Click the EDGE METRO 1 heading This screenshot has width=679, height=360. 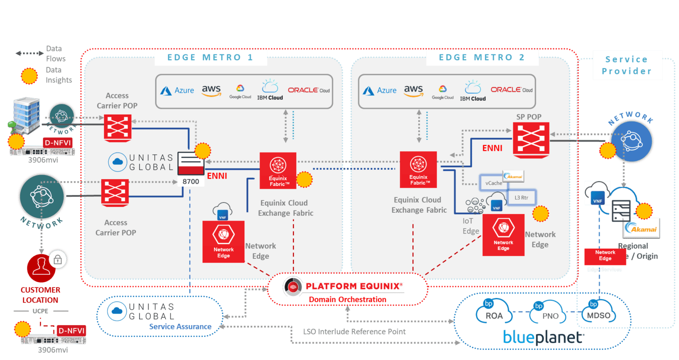[210, 57]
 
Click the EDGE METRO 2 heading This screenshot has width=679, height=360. [482, 57]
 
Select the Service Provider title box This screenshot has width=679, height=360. [626, 65]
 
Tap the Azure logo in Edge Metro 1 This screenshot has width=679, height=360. [177, 90]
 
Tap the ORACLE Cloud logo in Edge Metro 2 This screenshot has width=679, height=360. [511, 90]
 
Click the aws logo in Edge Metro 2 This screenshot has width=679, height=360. [413, 90]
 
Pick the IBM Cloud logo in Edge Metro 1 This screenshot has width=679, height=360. [270, 90]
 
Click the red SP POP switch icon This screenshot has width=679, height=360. [531, 140]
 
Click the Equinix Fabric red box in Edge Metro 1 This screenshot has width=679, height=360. [278, 171]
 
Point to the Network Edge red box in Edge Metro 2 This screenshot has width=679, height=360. [503, 235]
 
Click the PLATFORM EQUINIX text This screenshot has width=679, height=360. [354, 286]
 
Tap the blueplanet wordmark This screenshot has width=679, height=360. [543, 337]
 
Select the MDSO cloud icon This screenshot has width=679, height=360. [598, 312]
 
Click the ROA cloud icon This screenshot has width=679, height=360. [493, 312]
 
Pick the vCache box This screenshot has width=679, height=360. [493, 183]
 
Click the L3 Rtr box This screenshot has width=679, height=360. [522, 198]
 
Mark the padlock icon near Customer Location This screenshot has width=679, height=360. [58, 260]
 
